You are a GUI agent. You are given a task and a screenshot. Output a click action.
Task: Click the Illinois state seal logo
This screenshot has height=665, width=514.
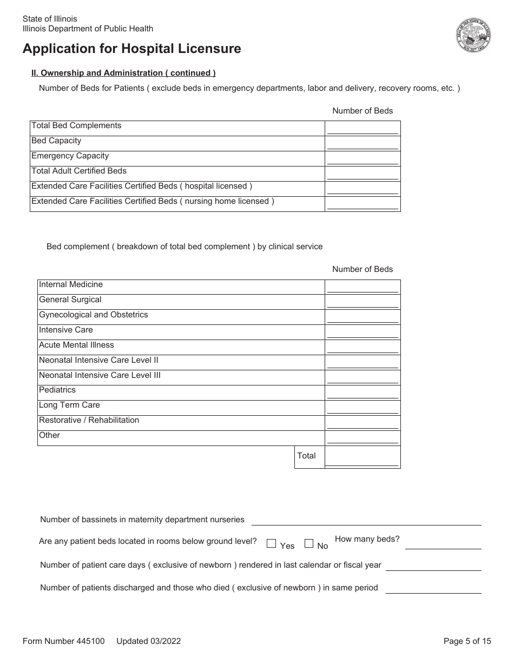473,35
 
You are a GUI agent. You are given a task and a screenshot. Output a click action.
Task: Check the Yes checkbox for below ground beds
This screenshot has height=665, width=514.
272,543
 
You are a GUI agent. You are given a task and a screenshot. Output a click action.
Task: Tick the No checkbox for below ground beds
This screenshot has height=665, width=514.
309,543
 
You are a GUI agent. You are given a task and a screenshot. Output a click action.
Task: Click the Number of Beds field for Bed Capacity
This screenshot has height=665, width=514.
363,143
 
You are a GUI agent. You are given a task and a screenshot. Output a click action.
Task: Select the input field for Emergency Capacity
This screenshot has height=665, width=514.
363,158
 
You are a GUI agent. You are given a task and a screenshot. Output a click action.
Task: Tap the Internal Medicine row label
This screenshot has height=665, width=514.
71,284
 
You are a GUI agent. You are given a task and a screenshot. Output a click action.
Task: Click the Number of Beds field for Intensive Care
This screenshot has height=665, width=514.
363,332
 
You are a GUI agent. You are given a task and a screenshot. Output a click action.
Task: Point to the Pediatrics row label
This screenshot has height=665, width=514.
57,390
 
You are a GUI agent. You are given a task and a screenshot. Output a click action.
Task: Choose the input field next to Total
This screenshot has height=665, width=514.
363,457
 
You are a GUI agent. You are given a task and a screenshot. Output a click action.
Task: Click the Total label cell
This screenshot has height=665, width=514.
307,456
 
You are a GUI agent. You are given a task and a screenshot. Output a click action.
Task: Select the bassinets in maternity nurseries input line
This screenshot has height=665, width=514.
366,520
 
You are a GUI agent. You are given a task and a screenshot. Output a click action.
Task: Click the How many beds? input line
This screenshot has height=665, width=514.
443,543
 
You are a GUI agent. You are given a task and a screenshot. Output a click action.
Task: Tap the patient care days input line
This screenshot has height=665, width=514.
433,566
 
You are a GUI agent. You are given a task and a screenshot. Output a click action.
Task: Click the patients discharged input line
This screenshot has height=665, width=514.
433,588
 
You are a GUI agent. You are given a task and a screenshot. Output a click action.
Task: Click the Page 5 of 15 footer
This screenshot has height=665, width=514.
467,641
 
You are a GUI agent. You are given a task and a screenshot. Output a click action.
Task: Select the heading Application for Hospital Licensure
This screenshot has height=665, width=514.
132,49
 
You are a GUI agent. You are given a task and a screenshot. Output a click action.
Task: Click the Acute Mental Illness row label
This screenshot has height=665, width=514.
76,345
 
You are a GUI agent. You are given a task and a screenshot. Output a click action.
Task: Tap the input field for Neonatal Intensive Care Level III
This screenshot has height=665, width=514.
363,377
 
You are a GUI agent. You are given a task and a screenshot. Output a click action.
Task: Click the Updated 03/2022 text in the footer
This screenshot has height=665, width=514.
148,641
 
